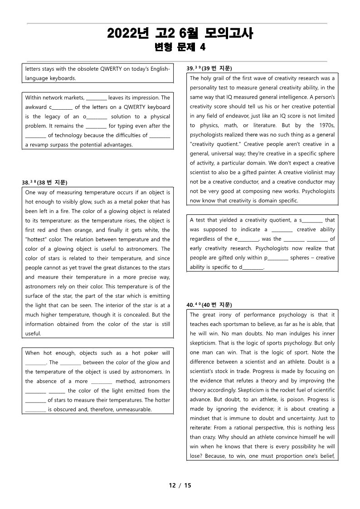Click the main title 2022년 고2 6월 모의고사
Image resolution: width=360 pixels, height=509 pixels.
click(x=180, y=34)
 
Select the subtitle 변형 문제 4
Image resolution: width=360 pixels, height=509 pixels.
click(x=180, y=47)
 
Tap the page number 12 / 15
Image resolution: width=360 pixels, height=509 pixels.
click(x=180, y=485)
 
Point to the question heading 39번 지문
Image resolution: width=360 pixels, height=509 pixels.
click(x=209, y=68)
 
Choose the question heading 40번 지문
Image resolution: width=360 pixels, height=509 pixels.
click(x=209, y=305)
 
